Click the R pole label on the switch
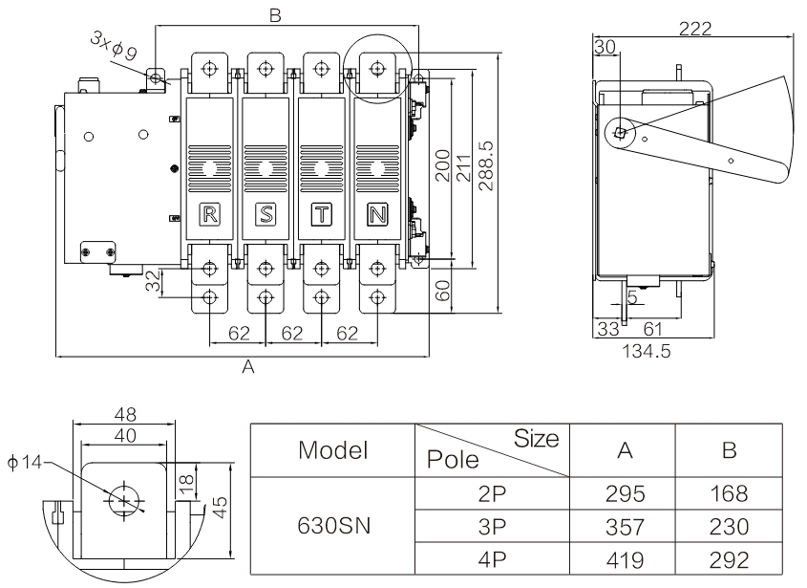click(x=210, y=213)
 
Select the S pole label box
click(x=265, y=213)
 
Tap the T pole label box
click(x=322, y=213)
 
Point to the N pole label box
click(x=377, y=213)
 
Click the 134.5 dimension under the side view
click(x=647, y=351)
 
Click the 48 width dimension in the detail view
click(x=123, y=415)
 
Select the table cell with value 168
click(x=729, y=495)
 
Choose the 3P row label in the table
click(x=492, y=527)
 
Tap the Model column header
click(x=332, y=449)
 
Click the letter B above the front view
click(x=275, y=17)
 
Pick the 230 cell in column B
click(x=729, y=527)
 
